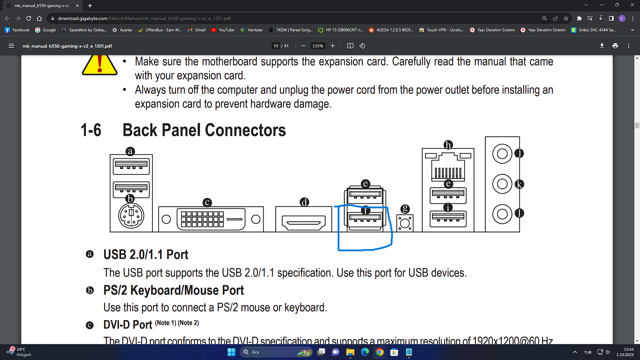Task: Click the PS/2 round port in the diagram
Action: [131, 216]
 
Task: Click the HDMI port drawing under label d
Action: [304, 222]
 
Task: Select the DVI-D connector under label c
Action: [211, 219]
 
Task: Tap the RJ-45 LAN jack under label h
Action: [448, 167]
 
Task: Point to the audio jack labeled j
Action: [502, 154]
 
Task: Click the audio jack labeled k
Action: [502, 184]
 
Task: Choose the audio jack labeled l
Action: [502, 214]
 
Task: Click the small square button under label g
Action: [405, 223]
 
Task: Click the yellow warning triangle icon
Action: [100, 65]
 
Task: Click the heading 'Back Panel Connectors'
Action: [204, 130]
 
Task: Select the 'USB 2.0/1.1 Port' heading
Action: [146, 255]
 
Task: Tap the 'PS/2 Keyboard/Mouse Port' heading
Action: [173, 290]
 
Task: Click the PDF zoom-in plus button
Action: [332, 46]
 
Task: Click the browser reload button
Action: [29, 18]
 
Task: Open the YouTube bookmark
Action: [223, 30]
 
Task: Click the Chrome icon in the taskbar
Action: [379, 352]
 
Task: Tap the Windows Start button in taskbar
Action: [231, 352]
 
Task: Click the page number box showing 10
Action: [276, 46]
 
